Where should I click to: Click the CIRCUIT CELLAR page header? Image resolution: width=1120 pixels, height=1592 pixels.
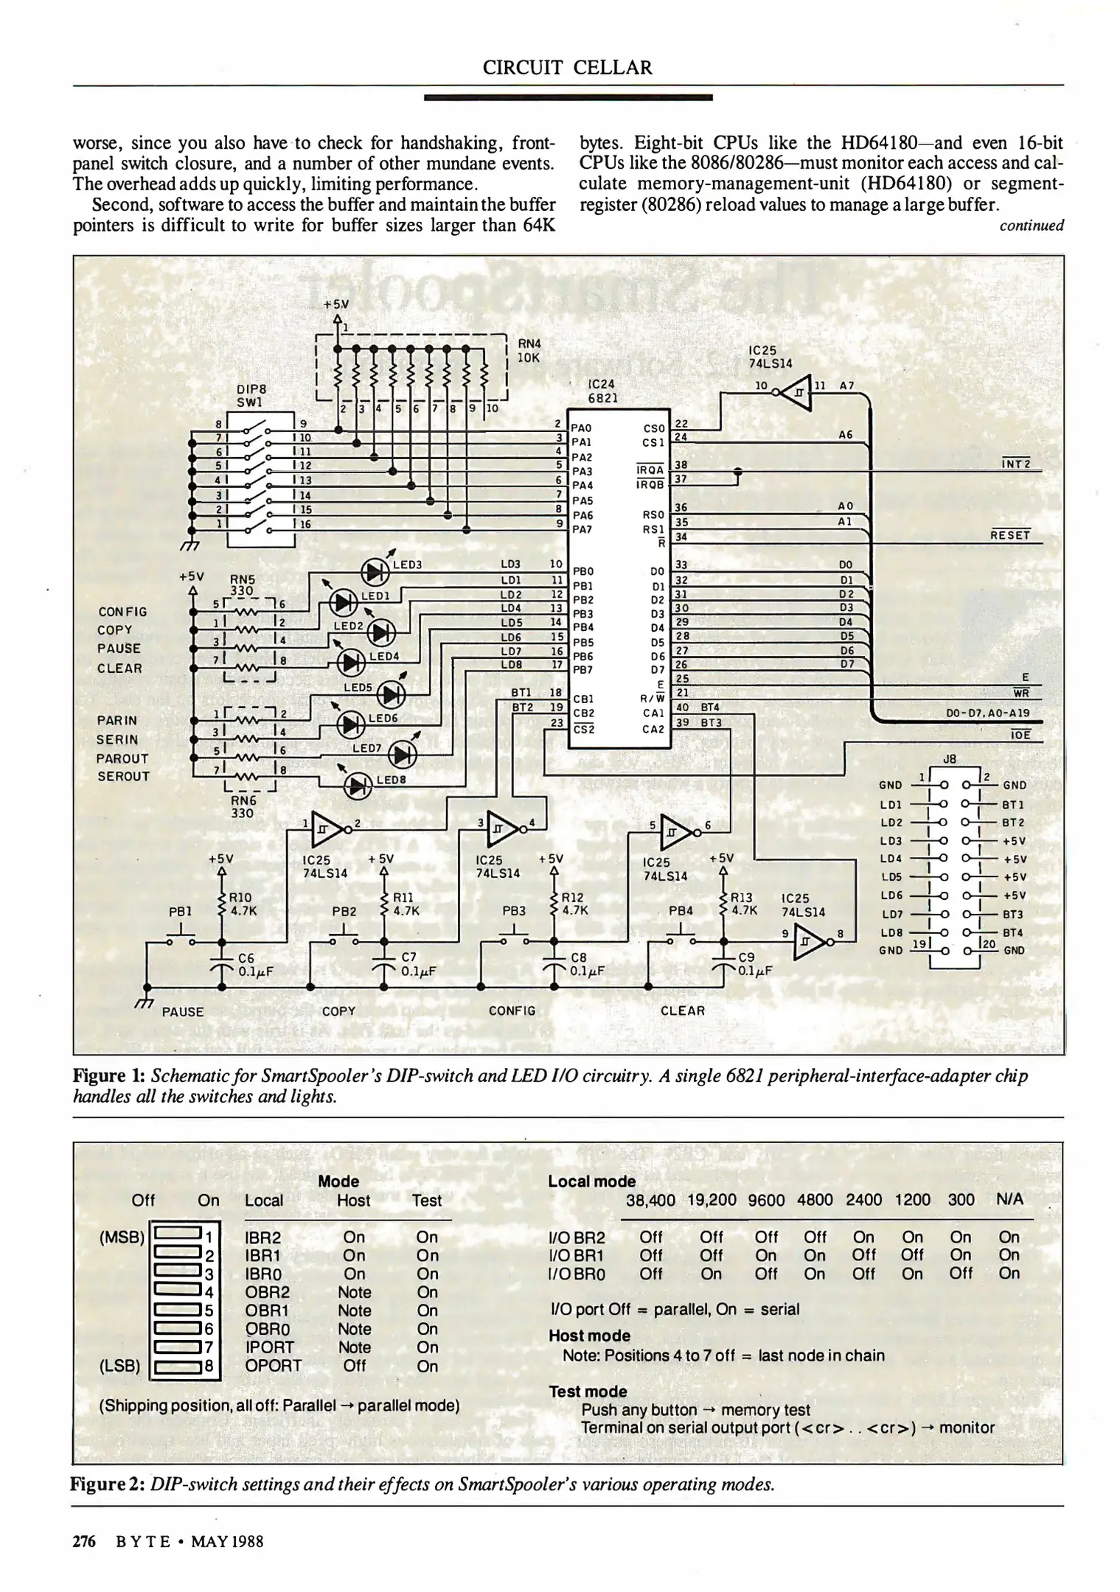point(567,68)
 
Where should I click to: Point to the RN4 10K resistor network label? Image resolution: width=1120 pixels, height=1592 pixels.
point(529,350)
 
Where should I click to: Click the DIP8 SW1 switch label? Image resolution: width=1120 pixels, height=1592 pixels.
point(251,395)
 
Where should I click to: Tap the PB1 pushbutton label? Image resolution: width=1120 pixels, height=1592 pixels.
point(181,912)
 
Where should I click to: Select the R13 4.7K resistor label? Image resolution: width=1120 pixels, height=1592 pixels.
point(743,904)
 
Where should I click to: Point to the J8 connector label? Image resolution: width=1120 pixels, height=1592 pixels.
point(950,758)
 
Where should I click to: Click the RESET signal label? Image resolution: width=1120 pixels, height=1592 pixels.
point(1009,535)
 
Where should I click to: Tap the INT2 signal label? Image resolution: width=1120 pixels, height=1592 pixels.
point(1015,464)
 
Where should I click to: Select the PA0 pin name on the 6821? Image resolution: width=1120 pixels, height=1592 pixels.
point(582,427)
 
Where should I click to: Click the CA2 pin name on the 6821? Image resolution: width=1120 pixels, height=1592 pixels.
point(653,729)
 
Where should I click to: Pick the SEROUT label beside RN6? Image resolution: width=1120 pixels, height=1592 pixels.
point(123,776)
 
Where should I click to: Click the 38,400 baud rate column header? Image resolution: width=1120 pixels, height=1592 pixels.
point(650,1200)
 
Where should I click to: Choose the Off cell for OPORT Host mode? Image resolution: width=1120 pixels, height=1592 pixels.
point(354,1366)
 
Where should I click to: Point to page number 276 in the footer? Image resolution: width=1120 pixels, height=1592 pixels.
point(84,1541)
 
